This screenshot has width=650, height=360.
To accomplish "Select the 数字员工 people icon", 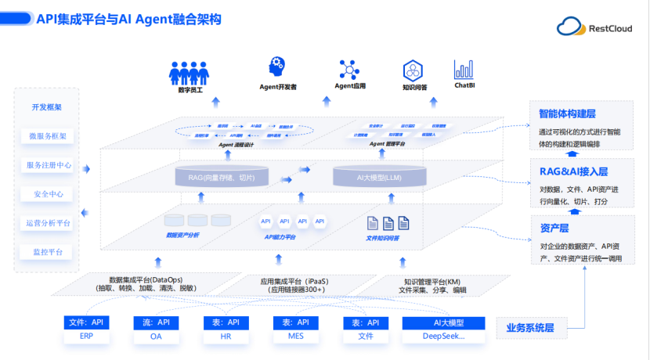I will pyautogui.click(x=189, y=74).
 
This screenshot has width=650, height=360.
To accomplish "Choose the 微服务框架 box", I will pyautogui.click(x=47, y=136).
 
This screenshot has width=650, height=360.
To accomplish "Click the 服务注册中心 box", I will pyautogui.click(x=49, y=165).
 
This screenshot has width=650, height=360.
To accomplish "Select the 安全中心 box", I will pyautogui.click(x=49, y=194).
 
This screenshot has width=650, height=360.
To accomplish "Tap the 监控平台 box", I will pyautogui.click(x=49, y=252).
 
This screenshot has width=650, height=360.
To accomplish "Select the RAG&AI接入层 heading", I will pyautogui.click(x=573, y=171).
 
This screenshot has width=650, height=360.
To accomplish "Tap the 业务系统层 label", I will pyautogui.click(x=535, y=328).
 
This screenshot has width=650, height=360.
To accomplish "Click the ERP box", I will pyautogui.click(x=86, y=336).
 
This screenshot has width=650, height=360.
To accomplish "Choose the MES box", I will pyautogui.click(x=295, y=336).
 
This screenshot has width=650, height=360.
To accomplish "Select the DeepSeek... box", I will pyautogui.click(x=443, y=336).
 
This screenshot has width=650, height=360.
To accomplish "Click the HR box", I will pyautogui.click(x=226, y=336).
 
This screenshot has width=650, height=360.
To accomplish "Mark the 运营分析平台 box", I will pyautogui.click(x=49, y=223).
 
